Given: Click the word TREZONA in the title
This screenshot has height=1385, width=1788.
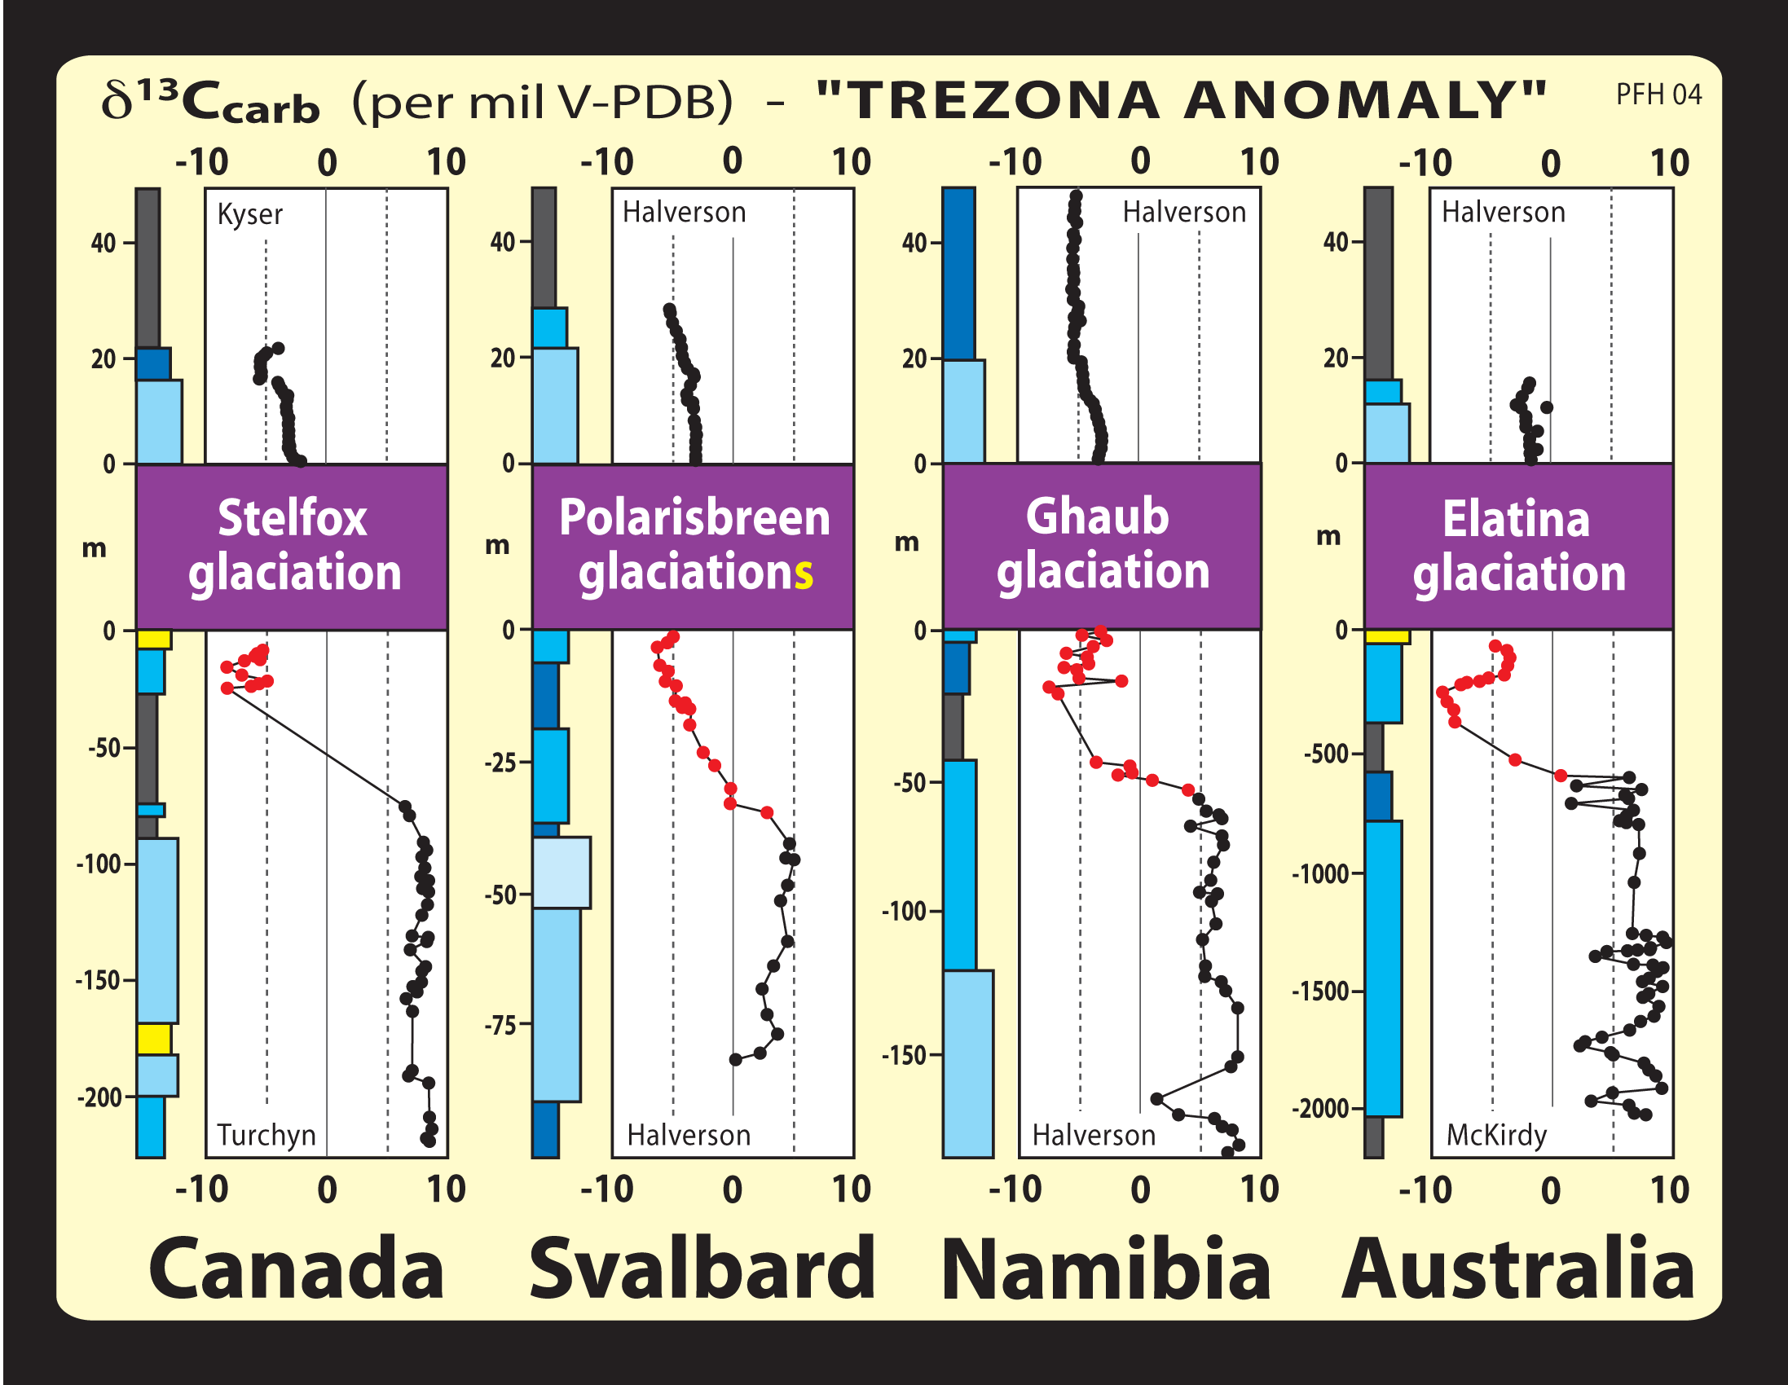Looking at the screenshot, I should click(x=1001, y=102).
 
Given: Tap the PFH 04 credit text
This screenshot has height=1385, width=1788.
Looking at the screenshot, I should click(x=1658, y=95).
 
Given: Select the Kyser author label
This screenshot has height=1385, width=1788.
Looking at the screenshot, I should click(x=249, y=214).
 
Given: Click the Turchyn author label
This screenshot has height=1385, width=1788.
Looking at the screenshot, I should click(x=266, y=1136).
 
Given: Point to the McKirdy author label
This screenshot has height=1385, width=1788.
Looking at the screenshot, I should click(x=1495, y=1136).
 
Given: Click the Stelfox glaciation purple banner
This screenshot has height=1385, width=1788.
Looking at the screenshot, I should click(x=293, y=546).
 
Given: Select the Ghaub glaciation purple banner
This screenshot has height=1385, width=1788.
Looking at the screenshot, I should click(x=1102, y=546).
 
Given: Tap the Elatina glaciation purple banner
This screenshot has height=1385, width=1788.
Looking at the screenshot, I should click(x=1517, y=546).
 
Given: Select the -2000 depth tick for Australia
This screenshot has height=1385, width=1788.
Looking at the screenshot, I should click(x=1326, y=1109).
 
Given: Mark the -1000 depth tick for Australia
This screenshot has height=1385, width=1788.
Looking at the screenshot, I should click(x=1326, y=874).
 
